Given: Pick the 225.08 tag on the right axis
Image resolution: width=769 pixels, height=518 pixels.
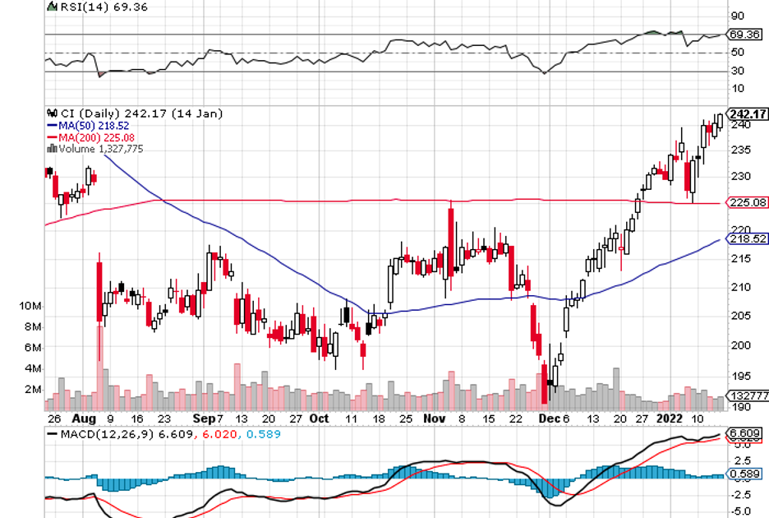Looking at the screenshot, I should pyautogui.click(x=747, y=202).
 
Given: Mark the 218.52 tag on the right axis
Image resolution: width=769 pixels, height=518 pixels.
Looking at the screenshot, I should pyautogui.click(x=747, y=238).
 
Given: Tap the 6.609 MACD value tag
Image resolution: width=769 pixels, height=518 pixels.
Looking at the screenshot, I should pyautogui.click(x=744, y=433).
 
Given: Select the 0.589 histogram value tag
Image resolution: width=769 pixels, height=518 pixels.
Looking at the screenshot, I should pyautogui.click(x=744, y=474).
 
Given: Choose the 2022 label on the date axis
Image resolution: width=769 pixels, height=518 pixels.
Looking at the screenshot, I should pyautogui.click(x=671, y=418).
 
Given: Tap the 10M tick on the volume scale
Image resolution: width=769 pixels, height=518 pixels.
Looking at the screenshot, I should pyautogui.click(x=30, y=306).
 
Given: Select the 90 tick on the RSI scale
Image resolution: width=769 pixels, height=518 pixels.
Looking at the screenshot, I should pyautogui.click(x=737, y=16).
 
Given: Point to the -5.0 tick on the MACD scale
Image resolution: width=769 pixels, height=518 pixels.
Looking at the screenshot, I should pyautogui.click(x=742, y=511).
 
